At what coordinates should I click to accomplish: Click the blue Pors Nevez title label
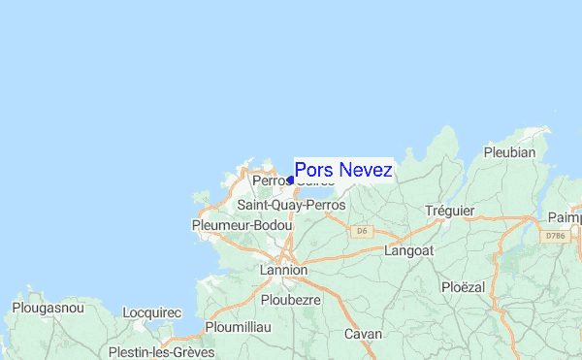pos(343,170)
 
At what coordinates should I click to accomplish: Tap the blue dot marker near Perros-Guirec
pos(290,180)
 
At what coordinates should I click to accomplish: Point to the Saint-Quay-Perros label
pos(292,206)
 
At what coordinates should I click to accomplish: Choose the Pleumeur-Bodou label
pos(242,225)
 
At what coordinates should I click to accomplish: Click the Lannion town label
pos(283,269)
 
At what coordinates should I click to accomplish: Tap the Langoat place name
pos(408,249)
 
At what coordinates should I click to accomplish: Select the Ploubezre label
pos(291,301)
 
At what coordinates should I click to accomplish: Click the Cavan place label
pos(365,334)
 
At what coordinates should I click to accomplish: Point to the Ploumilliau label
pos(238,327)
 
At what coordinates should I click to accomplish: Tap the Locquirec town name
pos(153,312)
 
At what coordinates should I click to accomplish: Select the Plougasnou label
pos(48,308)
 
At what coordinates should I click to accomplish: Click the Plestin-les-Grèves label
pos(162,351)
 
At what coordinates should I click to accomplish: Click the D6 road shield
pos(362,231)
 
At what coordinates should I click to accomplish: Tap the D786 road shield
pos(555,236)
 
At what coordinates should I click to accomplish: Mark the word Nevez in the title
pos(366,170)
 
